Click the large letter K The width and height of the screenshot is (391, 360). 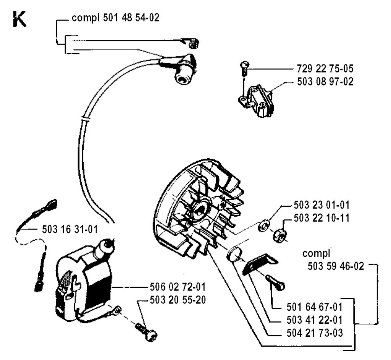(x=19, y=19)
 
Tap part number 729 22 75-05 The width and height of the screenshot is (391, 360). (x=325, y=69)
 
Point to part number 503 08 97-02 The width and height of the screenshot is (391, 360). (x=325, y=82)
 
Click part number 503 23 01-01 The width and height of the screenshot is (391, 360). (x=322, y=205)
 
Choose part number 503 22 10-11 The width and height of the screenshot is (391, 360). (x=322, y=218)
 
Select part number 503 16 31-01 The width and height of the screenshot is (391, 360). (x=70, y=229)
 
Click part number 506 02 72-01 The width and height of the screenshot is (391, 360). (x=178, y=287)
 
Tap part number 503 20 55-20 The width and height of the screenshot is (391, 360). (x=178, y=300)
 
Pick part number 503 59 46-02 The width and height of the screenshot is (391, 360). (x=336, y=266)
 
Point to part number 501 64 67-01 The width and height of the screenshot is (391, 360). (x=315, y=307)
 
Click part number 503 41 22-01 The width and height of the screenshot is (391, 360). (x=315, y=320)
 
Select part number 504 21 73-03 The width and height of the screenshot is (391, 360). (x=315, y=333)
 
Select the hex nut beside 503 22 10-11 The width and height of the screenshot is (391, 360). (x=280, y=235)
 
